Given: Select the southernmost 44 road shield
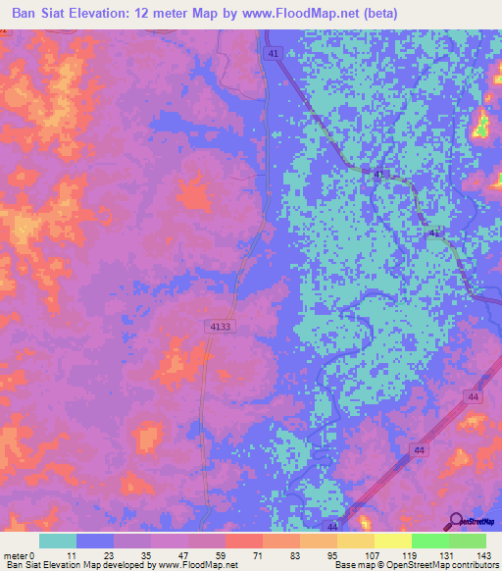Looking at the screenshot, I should click(333, 527).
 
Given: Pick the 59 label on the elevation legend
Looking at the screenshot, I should click(222, 554).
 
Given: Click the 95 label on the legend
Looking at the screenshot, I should click(333, 554).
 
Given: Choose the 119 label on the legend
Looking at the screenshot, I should click(408, 554).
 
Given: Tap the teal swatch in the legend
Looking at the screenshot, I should click(58, 541).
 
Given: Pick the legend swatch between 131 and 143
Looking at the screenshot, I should click(468, 541).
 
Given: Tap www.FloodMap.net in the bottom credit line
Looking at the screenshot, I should click(195, 565).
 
